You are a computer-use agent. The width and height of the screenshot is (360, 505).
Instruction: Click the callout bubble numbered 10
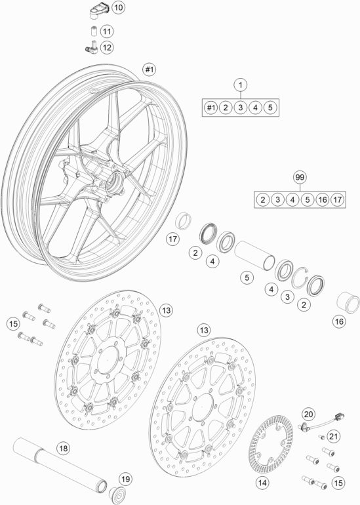(x=118, y=7)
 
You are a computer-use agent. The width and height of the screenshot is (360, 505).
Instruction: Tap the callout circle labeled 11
(x=107, y=31)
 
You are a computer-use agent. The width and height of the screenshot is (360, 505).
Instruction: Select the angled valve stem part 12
(x=91, y=47)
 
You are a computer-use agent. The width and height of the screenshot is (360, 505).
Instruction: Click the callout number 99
(x=300, y=178)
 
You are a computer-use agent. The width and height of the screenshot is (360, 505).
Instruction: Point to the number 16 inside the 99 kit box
(x=323, y=199)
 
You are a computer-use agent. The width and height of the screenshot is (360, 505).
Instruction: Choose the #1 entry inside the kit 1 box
(x=210, y=108)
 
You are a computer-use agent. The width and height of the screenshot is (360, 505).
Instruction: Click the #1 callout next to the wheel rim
(x=149, y=70)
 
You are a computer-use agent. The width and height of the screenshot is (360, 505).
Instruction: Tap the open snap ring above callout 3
(x=300, y=278)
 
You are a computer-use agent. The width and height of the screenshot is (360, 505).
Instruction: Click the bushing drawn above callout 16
(x=348, y=302)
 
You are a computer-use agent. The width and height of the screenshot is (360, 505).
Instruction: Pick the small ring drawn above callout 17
(x=184, y=220)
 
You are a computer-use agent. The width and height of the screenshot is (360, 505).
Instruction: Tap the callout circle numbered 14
(x=262, y=483)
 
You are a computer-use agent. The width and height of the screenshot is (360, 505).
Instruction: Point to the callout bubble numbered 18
(x=64, y=448)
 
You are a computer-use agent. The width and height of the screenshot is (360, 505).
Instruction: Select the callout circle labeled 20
(x=308, y=414)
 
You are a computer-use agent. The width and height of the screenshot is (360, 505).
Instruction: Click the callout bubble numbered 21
(x=334, y=436)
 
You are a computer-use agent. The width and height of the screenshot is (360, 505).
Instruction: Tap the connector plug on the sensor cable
(x=340, y=416)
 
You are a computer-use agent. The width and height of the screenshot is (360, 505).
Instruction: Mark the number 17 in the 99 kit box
(x=337, y=199)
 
